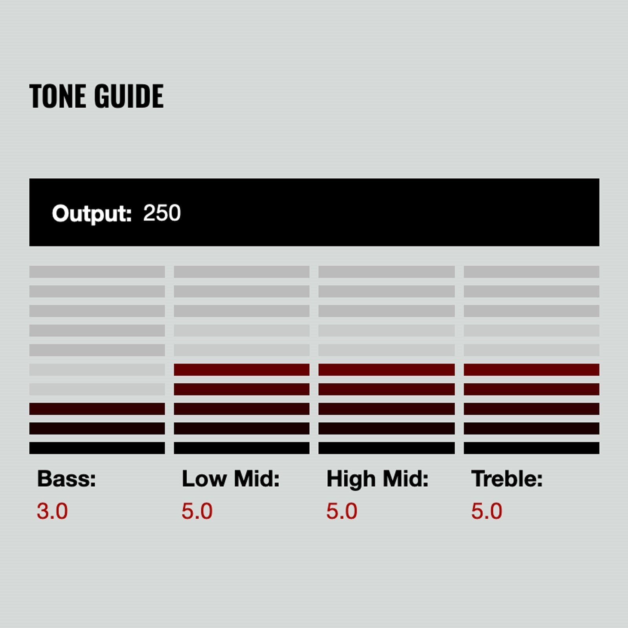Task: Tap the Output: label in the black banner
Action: pos(92,214)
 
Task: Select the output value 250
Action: pos(162,213)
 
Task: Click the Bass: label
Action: pos(66,479)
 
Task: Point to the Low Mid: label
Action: pos(230,479)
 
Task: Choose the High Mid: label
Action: pos(377,479)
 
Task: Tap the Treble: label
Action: pos(507,479)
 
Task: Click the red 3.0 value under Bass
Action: pos(52,511)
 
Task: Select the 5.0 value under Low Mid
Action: pos(197,511)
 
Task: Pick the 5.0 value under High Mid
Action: pos(342,511)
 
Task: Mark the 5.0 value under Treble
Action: pos(487,511)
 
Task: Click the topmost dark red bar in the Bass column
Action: pos(97,409)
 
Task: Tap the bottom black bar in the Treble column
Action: pos(531,448)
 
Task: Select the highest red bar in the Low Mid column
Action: pos(241,369)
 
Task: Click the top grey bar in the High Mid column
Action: pos(387,272)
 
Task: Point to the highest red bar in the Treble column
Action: pos(531,369)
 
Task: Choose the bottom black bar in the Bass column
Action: pos(97,448)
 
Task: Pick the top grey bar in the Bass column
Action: pos(97,272)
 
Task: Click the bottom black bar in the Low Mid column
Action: pos(241,448)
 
